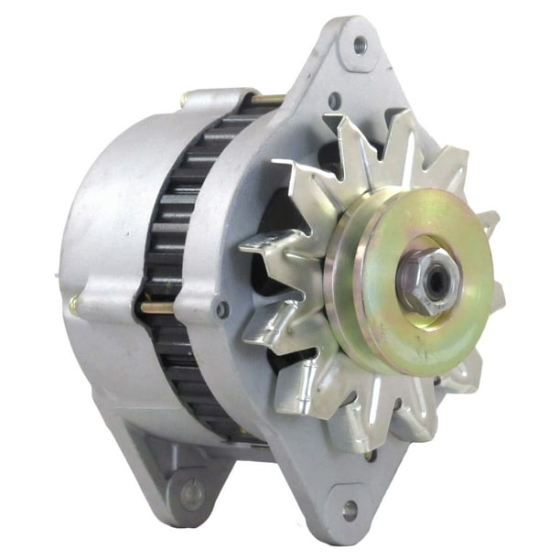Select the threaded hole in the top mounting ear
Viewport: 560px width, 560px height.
(x=360, y=43)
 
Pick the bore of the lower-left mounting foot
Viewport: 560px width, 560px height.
(x=191, y=494)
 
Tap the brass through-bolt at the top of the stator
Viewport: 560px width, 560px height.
(x=267, y=99)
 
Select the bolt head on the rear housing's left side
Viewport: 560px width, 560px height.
(x=72, y=305)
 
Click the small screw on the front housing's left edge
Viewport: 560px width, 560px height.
(x=221, y=310)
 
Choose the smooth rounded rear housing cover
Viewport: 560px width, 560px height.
(x=101, y=238)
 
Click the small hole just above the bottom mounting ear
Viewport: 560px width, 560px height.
(x=370, y=454)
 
